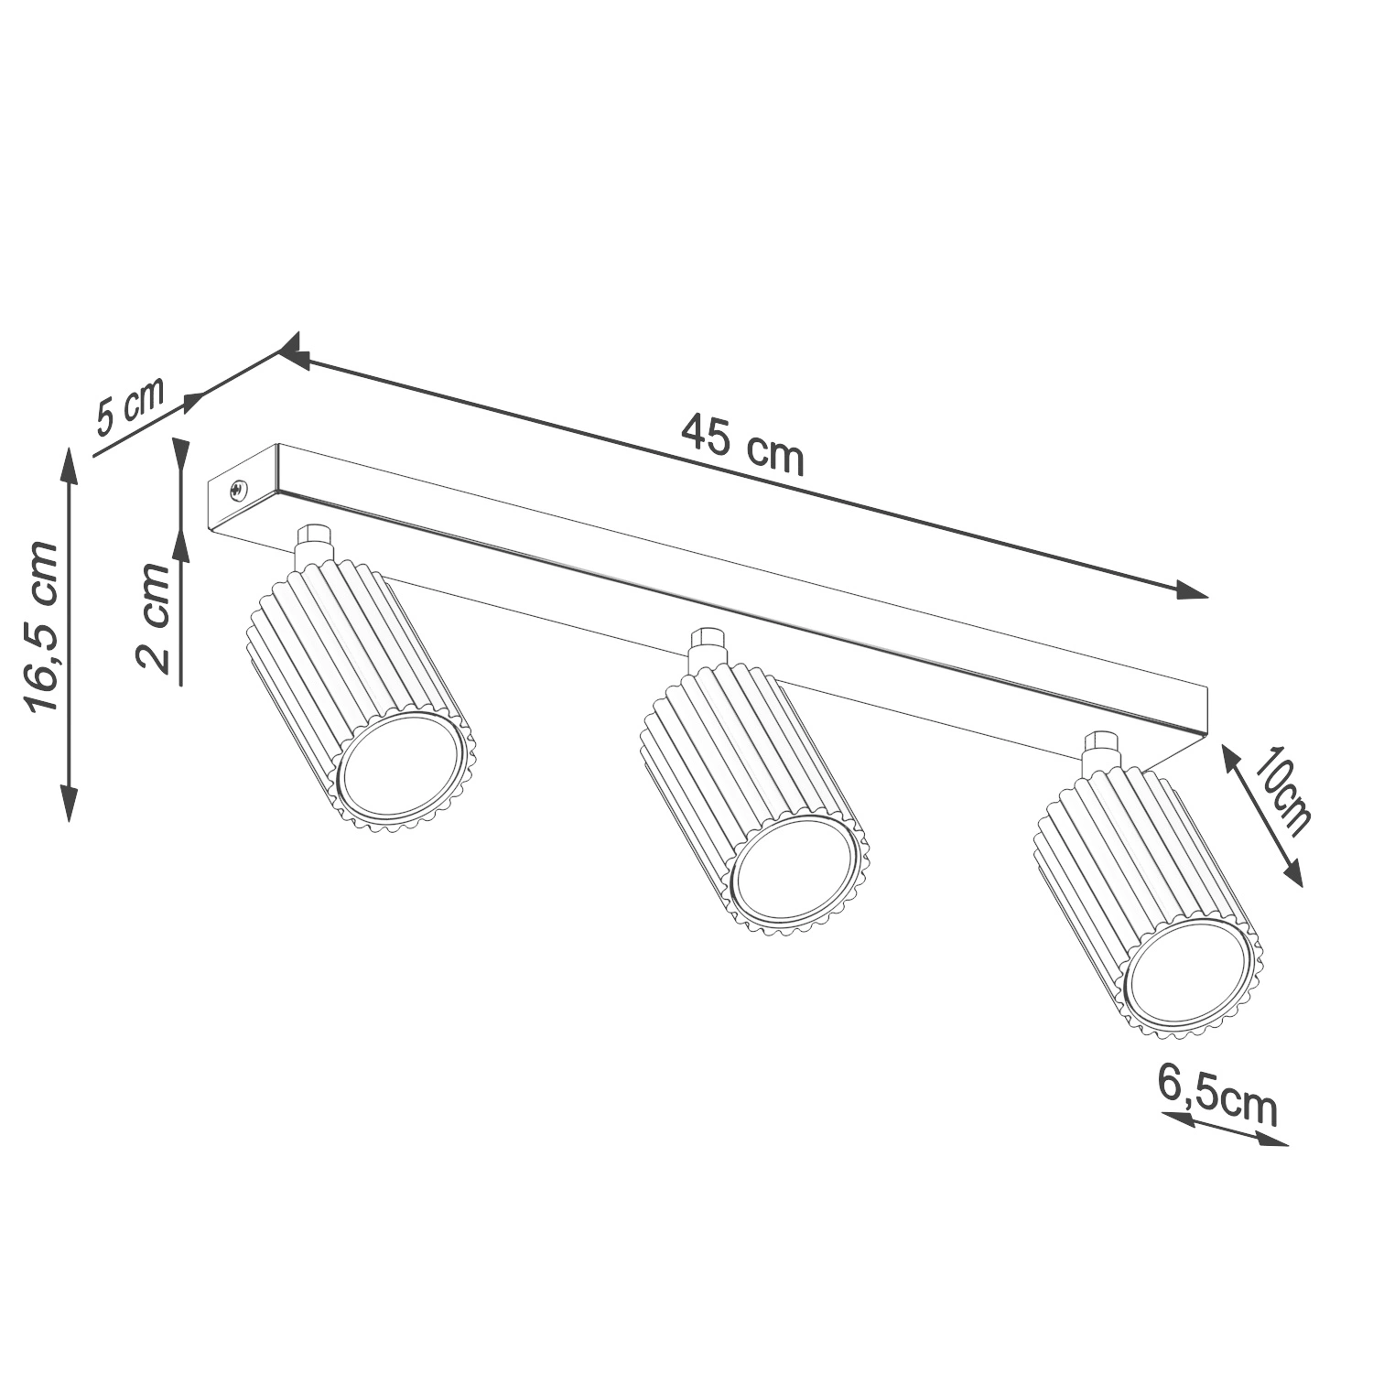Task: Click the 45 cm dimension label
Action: pos(742,445)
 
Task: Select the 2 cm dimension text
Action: pos(152,618)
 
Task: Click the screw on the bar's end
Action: pos(237,492)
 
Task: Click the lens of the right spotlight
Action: pos(1189,979)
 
